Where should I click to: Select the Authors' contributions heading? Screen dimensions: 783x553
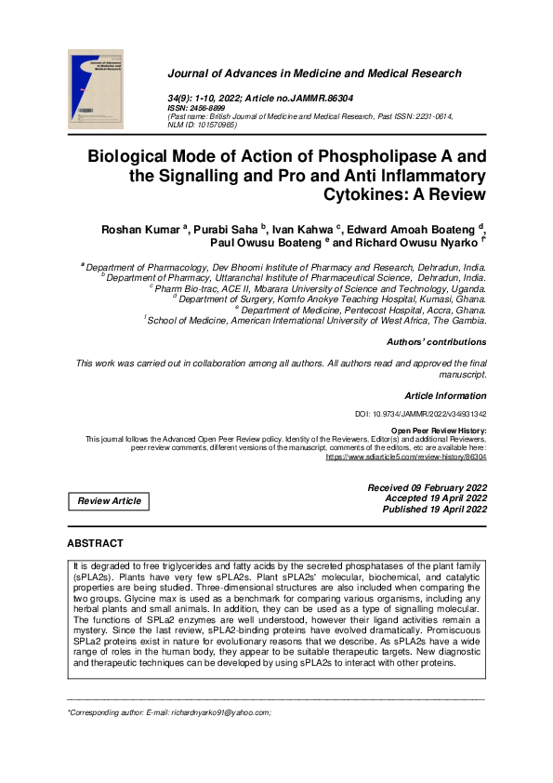435,342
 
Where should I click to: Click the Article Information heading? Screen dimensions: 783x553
444,396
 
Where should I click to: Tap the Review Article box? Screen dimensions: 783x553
110,500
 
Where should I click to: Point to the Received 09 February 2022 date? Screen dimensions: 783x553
427,487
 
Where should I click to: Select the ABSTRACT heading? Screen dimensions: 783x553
95,542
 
